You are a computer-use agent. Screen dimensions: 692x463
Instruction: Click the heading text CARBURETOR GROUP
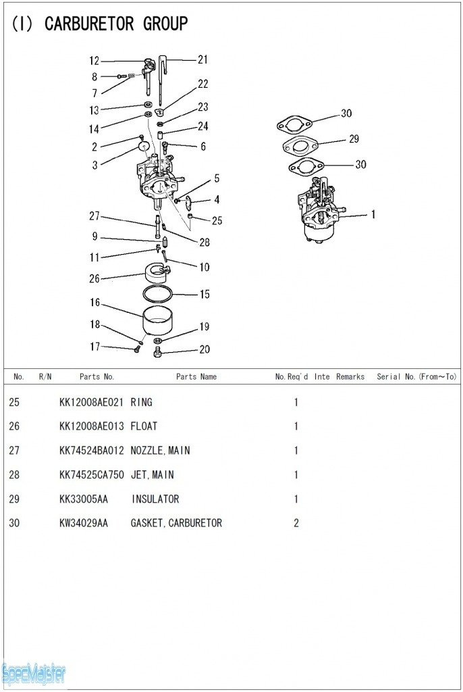pyautogui.click(x=115, y=24)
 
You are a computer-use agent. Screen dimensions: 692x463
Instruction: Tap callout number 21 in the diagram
pyautogui.click(x=202, y=59)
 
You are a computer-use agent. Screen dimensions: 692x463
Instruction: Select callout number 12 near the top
pyautogui.click(x=94, y=61)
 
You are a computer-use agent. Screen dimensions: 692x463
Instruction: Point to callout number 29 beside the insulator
pyautogui.click(x=354, y=139)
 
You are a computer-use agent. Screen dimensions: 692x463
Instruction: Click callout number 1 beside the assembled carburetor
pyautogui.click(x=373, y=215)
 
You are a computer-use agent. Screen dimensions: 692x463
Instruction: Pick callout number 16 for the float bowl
pyautogui.click(x=94, y=302)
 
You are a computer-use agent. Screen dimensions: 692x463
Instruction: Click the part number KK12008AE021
pyautogui.click(x=91, y=402)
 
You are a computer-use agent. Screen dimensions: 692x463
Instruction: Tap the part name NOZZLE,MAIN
pyautogui.click(x=160, y=451)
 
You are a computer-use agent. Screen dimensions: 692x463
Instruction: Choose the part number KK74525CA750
pyautogui.click(x=91, y=475)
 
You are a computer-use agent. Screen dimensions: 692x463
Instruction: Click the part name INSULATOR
pyautogui.click(x=155, y=499)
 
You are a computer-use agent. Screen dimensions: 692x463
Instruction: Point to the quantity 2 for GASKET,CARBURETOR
pyautogui.click(x=296, y=523)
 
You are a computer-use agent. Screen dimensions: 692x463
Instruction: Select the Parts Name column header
pyautogui.click(x=196, y=376)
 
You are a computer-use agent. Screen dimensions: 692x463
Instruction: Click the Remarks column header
pyautogui.click(x=350, y=376)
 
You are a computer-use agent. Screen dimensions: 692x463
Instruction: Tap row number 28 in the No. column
pyautogui.click(x=15, y=475)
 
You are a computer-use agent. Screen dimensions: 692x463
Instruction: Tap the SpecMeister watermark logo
pyautogui.click(x=34, y=673)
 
